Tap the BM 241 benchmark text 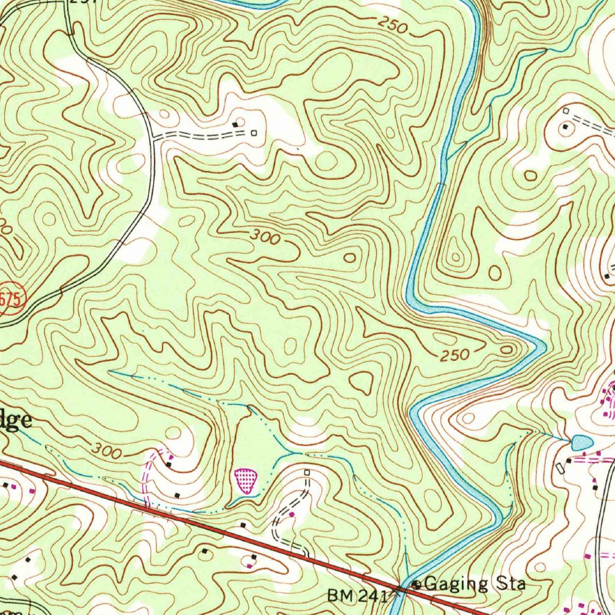pyautogui.click(x=358, y=596)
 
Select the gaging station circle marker pyautogui.click(x=416, y=584)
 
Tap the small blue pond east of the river pyautogui.click(x=581, y=443)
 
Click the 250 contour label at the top pyautogui.click(x=393, y=25)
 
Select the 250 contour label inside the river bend pyautogui.click(x=454, y=356)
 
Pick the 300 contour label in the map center pyautogui.click(x=265, y=237)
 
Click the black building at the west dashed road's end pyautogui.click(x=236, y=124)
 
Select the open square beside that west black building pyautogui.click(x=254, y=133)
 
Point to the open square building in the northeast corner pyautogui.click(x=565, y=111)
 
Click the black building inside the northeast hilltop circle pyautogui.click(x=565, y=127)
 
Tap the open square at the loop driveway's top pyautogui.click(x=307, y=473)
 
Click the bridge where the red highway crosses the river pyautogui.click(x=401, y=588)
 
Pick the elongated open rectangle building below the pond pyautogui.click(x=560, y=467)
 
